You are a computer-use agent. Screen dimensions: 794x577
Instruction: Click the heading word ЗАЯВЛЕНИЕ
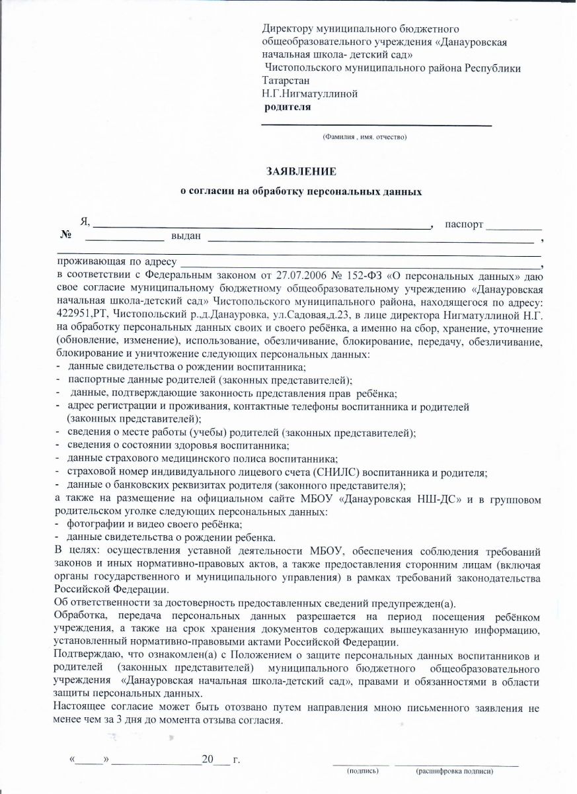[301, 171]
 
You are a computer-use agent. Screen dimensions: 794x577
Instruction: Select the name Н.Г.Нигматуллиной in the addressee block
[310, 93]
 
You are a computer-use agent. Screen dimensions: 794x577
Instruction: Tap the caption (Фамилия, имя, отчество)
[364, 137]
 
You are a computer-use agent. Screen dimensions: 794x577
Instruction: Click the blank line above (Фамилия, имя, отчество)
[377, 124]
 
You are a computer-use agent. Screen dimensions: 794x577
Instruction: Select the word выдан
[186, 236]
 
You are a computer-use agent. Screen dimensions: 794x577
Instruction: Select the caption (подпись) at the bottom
[364, 771]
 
